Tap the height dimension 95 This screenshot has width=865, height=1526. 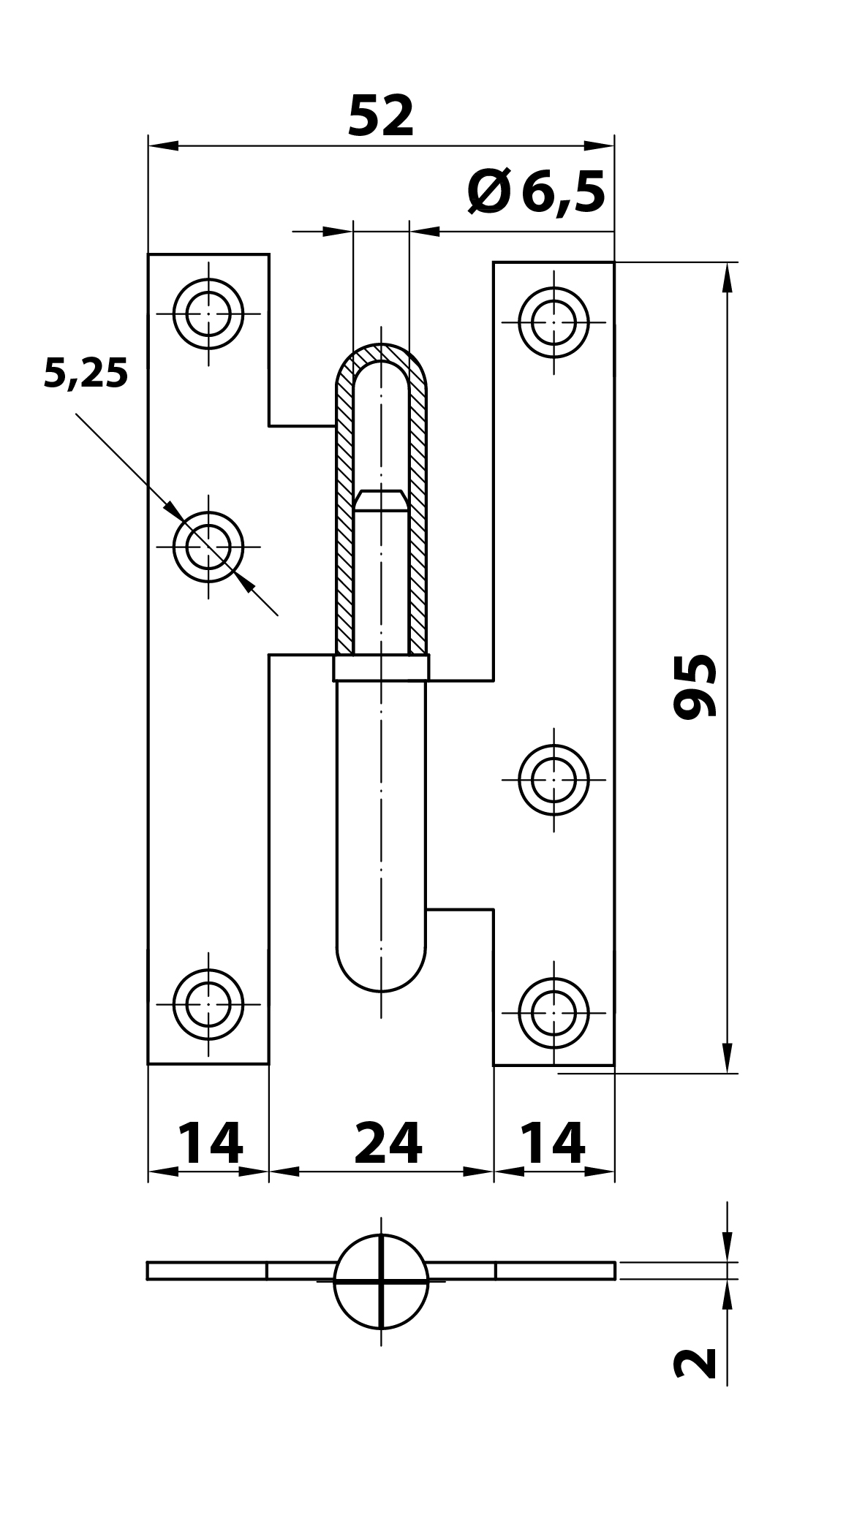pyautogui.click(x=695, y=686)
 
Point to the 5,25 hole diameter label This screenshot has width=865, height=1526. pyautogui.click(x=86, y=374)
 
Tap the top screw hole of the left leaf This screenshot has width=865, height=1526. pyautogui.click(x=208, y=314)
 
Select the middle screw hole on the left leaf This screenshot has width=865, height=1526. pyautogui.click(x=208, y=547)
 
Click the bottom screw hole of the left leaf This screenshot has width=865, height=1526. pyautogui.click(x=208, y=1004)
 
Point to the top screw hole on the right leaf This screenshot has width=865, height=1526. pyautogui.click(x=554, y=322)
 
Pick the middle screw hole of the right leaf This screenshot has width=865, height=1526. pyautogui.click(x=554, y=780)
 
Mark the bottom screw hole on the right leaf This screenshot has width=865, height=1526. pyautogui.click(x=554, y=1013)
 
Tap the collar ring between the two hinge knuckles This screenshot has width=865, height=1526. pyautogui.click(x=381, y=668)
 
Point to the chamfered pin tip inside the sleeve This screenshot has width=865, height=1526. pyautogui.click(x=381, y=501)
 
